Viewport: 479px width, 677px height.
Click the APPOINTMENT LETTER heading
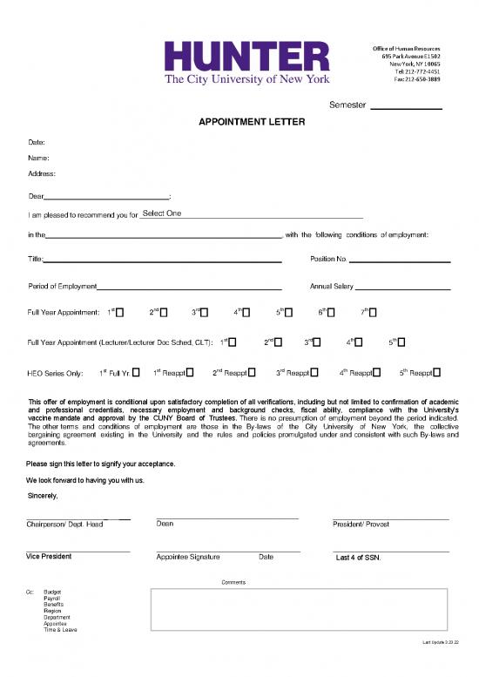coord(252,122)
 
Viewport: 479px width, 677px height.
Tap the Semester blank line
coord(407,107)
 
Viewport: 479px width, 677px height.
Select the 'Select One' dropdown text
coord(161,214)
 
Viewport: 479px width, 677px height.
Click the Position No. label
coord(328,260)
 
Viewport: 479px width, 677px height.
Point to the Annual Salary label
coord(332,287)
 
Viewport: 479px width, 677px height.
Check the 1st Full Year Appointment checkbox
coord(120,313)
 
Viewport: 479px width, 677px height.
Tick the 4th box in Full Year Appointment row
coord(246,313)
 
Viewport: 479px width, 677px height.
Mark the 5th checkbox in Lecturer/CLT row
coord(401,342)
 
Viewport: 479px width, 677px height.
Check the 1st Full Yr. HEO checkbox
coord(137,373)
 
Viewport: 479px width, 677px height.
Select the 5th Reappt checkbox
coord(437,373)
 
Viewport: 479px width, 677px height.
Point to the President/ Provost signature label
coord(361,525)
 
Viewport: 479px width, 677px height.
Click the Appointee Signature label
coord(188,557)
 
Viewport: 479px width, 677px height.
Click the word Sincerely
coord(42,497)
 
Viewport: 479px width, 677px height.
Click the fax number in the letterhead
coord(416,79)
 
